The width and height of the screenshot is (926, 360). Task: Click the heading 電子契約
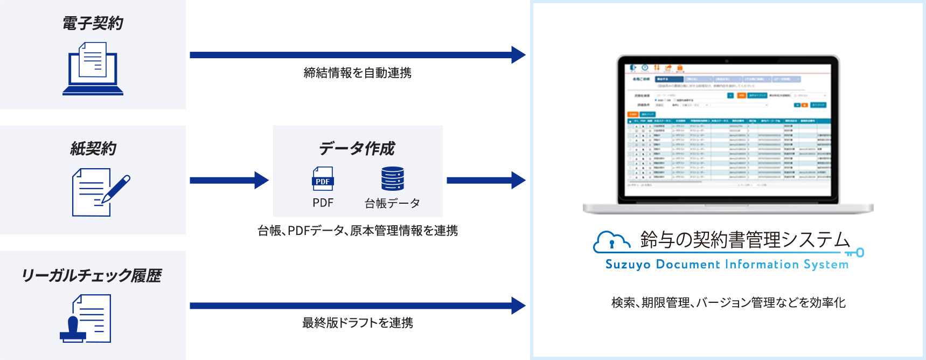tap(93, 23)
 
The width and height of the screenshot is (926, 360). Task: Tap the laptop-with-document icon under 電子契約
tap(93, 69)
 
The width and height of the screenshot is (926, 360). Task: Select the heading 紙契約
tap(93, 149)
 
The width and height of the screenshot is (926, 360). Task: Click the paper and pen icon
tap(100, 192)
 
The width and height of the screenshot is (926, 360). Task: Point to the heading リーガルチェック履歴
tap(92, 275)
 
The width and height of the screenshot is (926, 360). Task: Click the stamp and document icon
tap(86, 319)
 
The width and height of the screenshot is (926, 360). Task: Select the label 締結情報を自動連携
tap(357, 73)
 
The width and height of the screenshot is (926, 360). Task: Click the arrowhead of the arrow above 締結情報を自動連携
tap(518, 55)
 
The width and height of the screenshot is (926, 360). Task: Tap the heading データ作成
tap(357, 148)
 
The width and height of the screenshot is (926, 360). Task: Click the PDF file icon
tap(323, 179)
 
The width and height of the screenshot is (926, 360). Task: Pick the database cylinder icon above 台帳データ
tap(392, 179)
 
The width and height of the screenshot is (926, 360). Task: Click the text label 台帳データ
tap(392, 203)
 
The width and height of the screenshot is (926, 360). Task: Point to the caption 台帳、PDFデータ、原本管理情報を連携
tap(357, 231)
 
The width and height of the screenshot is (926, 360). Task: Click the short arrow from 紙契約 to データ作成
tap(229, 180)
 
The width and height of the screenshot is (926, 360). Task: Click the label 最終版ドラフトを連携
tap(357, 323)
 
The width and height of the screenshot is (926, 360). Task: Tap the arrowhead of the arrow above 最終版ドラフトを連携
tap(518, 306)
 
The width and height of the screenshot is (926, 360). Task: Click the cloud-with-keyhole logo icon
tap(611, 242)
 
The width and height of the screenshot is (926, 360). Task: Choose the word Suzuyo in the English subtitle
tap(628, 265)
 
